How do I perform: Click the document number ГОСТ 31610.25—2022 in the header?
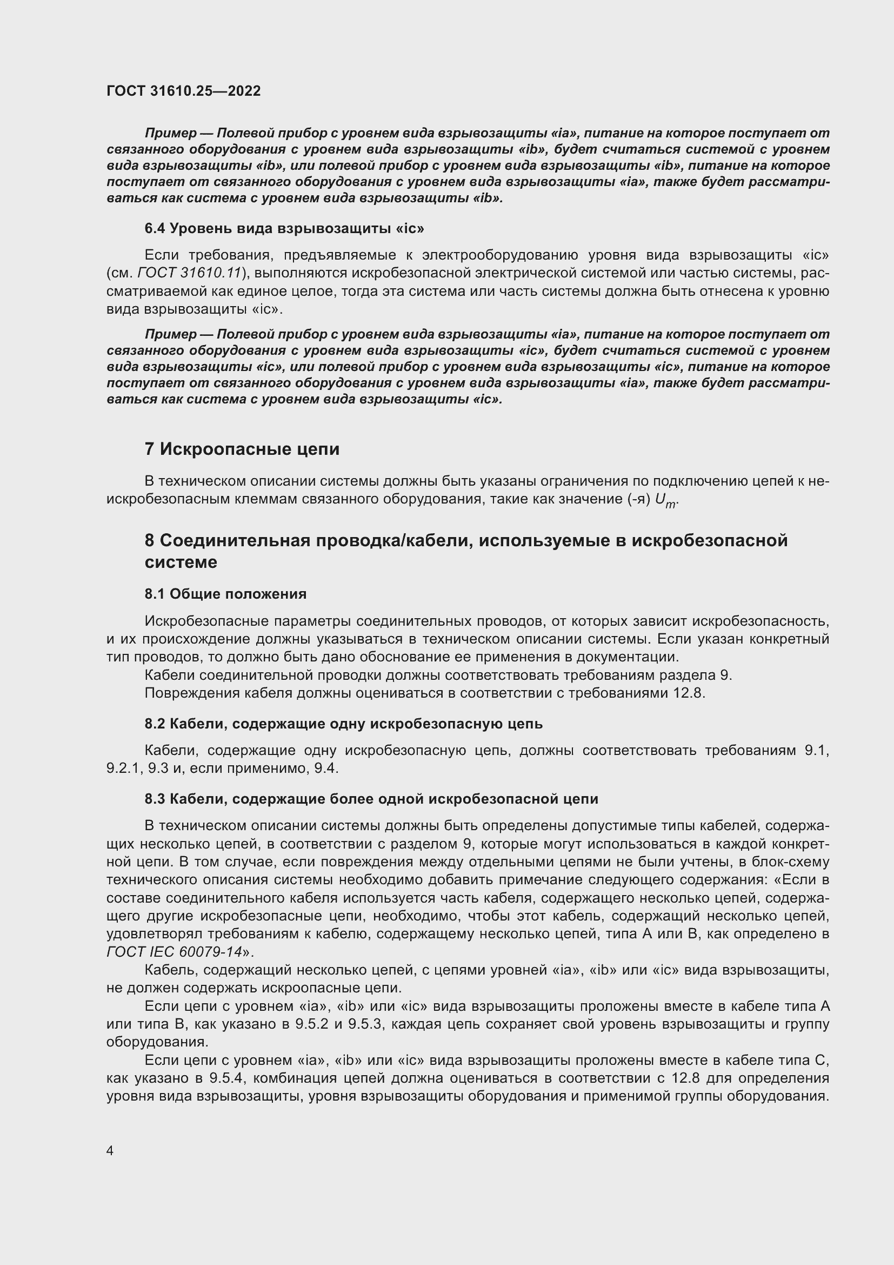pyautogui.click(x=183, y=91)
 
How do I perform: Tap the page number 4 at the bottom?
pyautogui.click(x=110, y=1151)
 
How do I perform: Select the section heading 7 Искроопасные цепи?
pyautogui.click(x=242, y=449)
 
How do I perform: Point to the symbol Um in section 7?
pyautogui.click(x=665, y=500)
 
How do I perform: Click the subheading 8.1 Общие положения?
pyautogui.click(x=225, y=594)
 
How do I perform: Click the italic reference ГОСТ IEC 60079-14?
pyautogui.click(x=175, y=952)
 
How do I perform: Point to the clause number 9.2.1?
pyautogui.click(x=124, y=768)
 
